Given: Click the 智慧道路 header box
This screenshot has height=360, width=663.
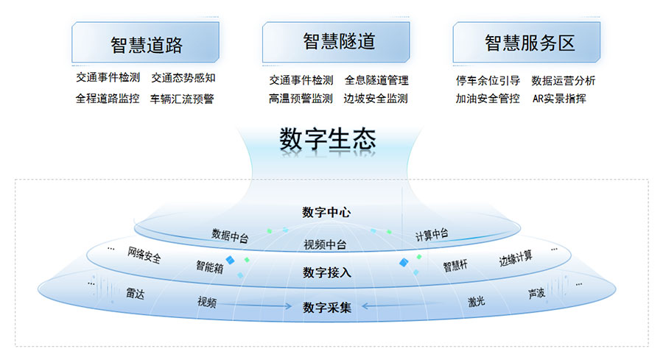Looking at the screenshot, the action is point(145,42).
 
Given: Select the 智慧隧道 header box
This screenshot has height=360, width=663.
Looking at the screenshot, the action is point(336,42).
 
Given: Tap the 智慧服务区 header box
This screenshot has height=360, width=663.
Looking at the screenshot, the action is point(527,42).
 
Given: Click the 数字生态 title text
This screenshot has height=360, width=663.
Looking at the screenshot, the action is point(328,139).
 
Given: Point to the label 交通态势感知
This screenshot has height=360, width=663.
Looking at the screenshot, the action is point(183,78).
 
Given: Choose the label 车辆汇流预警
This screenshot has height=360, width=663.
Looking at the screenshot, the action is point(182,99).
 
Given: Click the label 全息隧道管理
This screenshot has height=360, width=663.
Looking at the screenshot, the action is point(376,80).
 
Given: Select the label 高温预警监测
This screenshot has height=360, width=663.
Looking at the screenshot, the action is point(301,99).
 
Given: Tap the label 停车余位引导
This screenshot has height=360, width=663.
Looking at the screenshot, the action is point(488,80).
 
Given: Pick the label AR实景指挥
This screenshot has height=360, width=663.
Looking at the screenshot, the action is point(559,99).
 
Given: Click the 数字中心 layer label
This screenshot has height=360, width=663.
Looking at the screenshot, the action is point(326,212).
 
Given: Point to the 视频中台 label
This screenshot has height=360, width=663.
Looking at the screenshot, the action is point(325,244).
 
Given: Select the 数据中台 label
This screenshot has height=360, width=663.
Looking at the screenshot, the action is point(230,236).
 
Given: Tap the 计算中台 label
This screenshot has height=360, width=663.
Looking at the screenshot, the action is point(431,235).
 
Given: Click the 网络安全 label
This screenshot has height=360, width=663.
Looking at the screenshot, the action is point(144,255).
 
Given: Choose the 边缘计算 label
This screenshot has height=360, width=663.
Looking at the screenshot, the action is point(516,258).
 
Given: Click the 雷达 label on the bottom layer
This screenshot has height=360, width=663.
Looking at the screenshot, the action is point(136,293).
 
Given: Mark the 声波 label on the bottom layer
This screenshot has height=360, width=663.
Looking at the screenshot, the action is point(536,293).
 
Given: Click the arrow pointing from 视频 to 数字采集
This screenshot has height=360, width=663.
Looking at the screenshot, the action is point(255,306).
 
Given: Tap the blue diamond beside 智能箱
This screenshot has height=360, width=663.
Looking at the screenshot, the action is point(230,260).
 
